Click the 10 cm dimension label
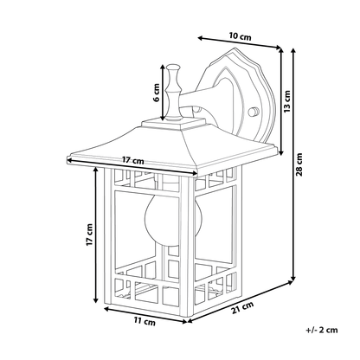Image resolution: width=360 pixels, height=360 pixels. tap(240, 37)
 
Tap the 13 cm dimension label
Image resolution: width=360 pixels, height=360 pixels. tap(287, 101)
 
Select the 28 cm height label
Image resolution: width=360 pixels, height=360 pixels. tap(299, 164)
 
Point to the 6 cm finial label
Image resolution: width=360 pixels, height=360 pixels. tap(156, 93)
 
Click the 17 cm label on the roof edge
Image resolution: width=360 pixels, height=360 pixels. tap(132, 160)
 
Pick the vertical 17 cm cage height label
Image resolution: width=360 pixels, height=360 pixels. tap(90, 235)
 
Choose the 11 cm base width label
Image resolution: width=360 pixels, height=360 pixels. tap(145, 321)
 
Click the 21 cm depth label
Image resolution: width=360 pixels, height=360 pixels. tap(243, 308)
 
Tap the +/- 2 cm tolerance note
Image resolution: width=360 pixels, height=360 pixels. tap(322, 330)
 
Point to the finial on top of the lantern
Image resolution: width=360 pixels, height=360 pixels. tap(173, 92)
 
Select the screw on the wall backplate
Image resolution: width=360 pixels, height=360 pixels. tap(254, 112)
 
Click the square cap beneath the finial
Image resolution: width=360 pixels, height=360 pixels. tap(174, 124)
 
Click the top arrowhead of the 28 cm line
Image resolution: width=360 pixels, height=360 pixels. tap(293, 51)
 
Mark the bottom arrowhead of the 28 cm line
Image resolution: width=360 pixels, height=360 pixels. tap(293, 279)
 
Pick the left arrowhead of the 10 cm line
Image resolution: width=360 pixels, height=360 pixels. tap(200, 38)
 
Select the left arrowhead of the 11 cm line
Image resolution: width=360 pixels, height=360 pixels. tap(106, 309)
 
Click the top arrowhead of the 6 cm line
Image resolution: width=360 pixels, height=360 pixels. tap(163, 67)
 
